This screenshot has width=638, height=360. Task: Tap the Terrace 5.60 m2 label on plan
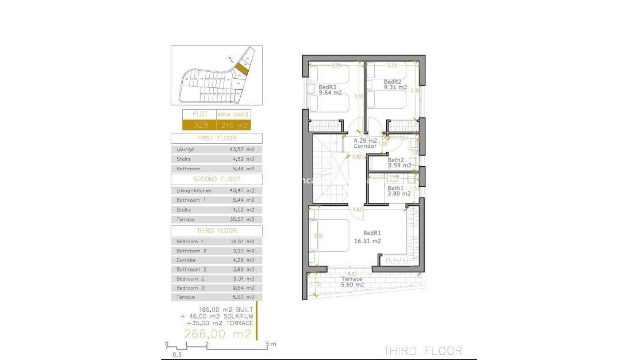coord(351,282)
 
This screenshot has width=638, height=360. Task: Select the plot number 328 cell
coord(199,125)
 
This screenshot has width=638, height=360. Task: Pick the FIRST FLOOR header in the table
coord(216,139)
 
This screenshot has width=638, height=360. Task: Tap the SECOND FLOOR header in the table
coord(216,179)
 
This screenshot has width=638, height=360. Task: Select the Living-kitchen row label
coord(194,190)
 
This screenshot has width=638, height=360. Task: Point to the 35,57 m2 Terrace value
coord(241,220)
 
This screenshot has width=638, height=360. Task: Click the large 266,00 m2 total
coord(217,334)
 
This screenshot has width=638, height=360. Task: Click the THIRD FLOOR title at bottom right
coord(422,351)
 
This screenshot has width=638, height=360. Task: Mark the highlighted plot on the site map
coord(243,69)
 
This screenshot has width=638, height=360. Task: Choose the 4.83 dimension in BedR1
coord(356,209)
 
